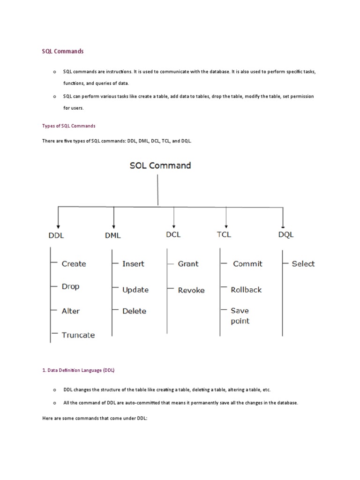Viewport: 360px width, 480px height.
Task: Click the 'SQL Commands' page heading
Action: tap(63, 51)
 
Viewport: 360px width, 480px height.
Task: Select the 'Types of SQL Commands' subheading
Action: tap(69, 126)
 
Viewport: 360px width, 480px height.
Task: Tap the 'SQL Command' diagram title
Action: tap(160, 165)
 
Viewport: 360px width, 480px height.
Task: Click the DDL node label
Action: tap(56, 235)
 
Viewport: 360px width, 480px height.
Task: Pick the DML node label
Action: tap(112, 235)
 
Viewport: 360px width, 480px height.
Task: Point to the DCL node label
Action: tap(173, 234)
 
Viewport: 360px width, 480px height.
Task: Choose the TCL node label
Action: tap(224, 234)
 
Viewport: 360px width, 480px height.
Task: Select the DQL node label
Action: tap(285, 235)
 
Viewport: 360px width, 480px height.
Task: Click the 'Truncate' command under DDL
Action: tap(78, 335)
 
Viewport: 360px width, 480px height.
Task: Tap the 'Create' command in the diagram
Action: tap(74, 264)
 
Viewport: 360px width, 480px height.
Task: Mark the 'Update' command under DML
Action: tap(135, 290)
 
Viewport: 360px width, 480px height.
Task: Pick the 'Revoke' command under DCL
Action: tap(191, 290)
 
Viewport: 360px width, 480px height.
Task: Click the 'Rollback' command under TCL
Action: tap(246, 290)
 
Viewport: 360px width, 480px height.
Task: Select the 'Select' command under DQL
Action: tap(303, 264)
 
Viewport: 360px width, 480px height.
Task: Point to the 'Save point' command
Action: tap(240, 316)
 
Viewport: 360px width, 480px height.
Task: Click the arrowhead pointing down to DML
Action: tap(114, 225)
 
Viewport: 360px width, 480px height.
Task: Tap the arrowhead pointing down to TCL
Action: tap(226, 225)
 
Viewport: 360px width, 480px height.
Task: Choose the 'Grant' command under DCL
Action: tap(188, 264)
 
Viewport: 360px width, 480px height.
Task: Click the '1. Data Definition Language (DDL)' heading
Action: tap(78, 370)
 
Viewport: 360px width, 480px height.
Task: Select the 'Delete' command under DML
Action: tap(134, 311)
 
